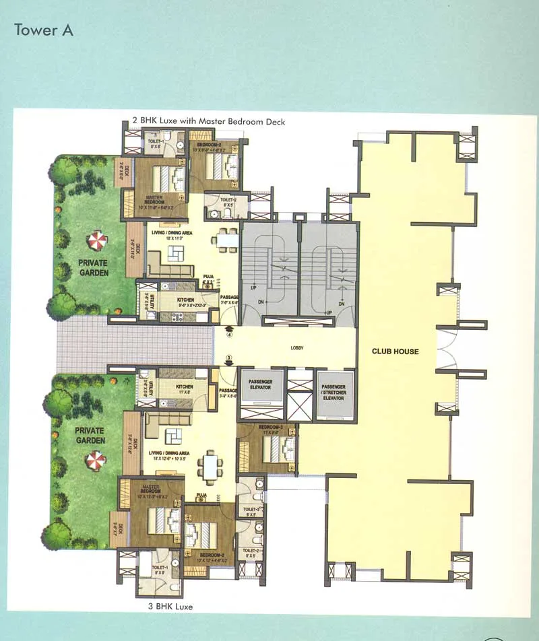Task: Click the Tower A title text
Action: pos(44,30)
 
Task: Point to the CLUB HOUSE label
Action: pos(395,351)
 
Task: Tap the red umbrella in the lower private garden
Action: pos(95,461)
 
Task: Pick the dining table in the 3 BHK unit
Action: pos(212,465)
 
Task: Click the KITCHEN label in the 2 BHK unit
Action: pos(185,300)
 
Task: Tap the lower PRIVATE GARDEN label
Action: pos(90,435)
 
